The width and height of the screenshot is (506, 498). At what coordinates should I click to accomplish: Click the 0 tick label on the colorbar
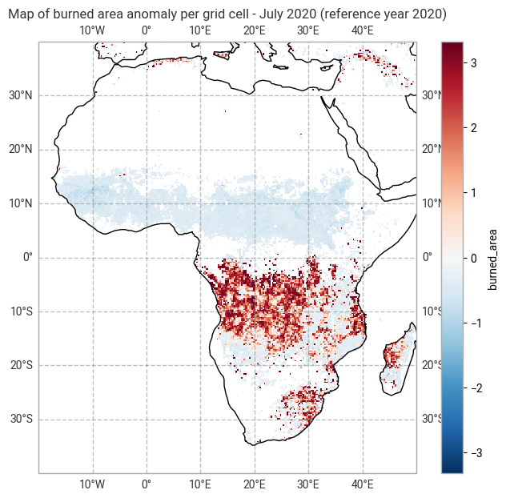coord(475,258)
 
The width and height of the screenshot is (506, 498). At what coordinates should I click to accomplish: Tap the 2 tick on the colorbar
coord(475,127)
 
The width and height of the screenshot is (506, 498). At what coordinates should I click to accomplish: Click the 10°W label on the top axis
coord(93,30)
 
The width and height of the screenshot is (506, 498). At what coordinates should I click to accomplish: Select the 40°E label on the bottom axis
coord(363,484)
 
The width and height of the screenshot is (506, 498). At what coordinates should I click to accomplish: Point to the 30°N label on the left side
coord(20,95)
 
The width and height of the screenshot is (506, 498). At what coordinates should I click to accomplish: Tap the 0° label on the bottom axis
coord(147,484)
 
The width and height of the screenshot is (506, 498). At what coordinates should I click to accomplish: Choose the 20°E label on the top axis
coord(255,30)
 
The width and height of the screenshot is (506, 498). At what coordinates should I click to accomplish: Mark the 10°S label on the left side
coord(20,311)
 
